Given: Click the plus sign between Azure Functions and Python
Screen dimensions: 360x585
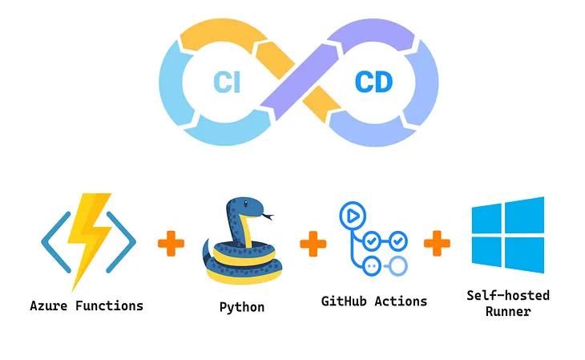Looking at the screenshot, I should pyautogui.click(x=171, y=243).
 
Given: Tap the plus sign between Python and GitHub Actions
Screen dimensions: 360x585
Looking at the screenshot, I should pyautogui.click(x=313, y=243).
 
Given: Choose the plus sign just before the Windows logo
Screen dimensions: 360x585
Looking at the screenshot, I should pyautogui.click(x=437, y=243).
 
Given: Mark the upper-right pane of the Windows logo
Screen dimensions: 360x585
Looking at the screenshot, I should pyautogui.click(x=525, y=216).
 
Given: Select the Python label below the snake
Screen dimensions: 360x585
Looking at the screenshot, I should pyautogui.click(x=241, y=307).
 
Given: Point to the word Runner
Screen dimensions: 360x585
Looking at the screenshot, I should pyautogui.click(x=507, y=311).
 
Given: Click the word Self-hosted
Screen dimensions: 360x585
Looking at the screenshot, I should pyautogui.click(x=507, y=295).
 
